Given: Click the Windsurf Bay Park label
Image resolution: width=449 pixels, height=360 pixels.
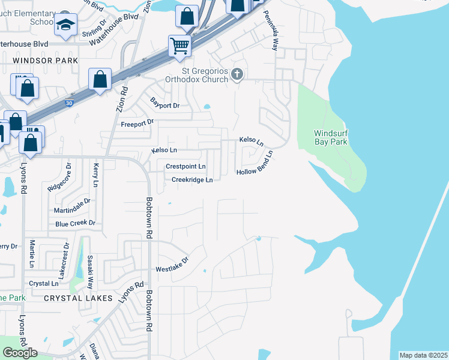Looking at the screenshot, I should pyautogui.click(x=331, y=137).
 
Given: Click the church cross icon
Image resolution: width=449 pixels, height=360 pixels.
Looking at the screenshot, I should pyautogui.click(x=237, y=74).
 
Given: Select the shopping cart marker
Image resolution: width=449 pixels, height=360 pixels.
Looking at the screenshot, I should pyautogui.click(x=179, y=45).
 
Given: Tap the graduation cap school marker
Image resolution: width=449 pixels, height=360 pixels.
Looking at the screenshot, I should pyautogui.click(x=65, y=25).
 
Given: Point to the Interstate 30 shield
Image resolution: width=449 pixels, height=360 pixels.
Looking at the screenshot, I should pyautogui.click(x=70, y=103).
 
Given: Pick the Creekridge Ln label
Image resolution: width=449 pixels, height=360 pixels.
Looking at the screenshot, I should pyautogui.click(x=192, y=180).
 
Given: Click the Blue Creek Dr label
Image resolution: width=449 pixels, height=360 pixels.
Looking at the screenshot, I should pyautogui.click(x=75, y=223).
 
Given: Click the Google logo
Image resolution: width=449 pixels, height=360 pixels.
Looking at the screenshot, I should pyautogui.click(x=20, y=353).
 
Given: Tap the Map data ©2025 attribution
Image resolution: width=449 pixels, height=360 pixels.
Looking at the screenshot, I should pyautogui.click(x=423, y=355).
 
